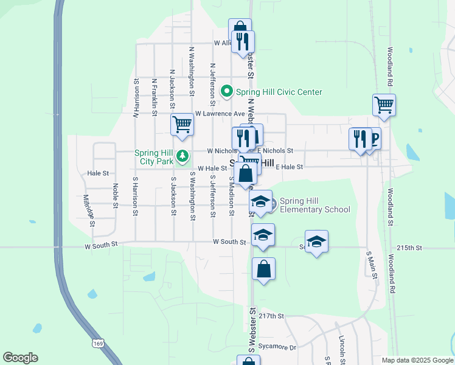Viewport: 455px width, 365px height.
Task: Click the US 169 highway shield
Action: [97, 344]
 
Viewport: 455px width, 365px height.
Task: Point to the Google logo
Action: [20, 358]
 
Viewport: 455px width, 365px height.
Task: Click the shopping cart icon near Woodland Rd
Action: [384, 105]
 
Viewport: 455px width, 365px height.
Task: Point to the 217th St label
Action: [271, 316]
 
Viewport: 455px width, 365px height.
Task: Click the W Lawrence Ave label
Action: [220, 114]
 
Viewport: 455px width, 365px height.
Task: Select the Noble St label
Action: [114, 195]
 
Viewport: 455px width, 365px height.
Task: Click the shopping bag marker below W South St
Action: [263, 269]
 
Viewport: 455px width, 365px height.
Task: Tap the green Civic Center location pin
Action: [227, 92]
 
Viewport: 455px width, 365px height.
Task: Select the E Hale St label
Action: [289, 167]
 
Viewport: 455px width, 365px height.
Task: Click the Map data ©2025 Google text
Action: [416, 360]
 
